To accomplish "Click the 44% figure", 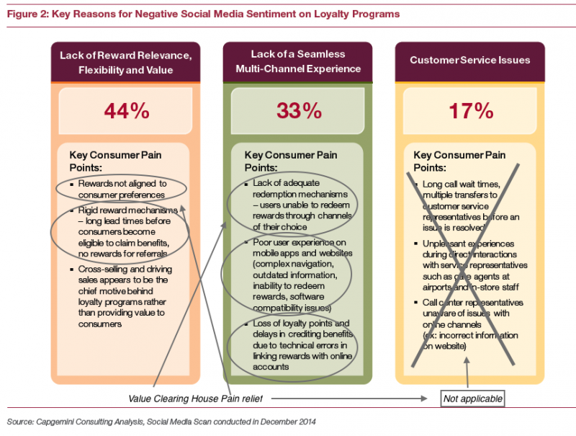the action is (127, 111).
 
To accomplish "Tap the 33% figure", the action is (299, 111).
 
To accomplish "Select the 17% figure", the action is (471, 111).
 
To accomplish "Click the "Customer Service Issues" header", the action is (470, 60).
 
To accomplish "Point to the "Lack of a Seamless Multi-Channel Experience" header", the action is (298, 61).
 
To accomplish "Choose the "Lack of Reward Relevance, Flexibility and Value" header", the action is (125, 63).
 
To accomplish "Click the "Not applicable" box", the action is (473, 399).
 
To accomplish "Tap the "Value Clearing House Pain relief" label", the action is (195, 399).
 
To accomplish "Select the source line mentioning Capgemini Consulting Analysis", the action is (161, 422).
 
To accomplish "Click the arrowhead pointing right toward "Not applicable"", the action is (424, 399).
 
